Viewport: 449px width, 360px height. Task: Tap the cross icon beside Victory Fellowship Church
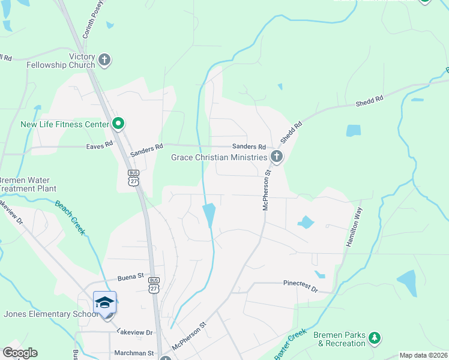pyautogui.click(x=104, y=59)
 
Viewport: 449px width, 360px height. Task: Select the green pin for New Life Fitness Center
pyautogui.click(x=118, y=124)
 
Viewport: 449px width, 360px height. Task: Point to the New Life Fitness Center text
pyautogui.click(x=65, y=125)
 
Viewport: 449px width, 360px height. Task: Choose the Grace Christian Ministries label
pyautogui.click(x=218, y=157)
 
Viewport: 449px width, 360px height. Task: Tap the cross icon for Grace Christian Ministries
pyautogui.click(x=276, y=157)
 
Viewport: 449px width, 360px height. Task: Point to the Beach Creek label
pyautogui.click(x=71, y=217)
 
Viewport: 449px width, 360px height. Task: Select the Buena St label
pyautogui.click(x=131, y=277)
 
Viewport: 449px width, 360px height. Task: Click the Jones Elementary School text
pyautogui.click(x=50, y=314)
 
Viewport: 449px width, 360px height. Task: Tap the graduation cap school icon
pyautogui.click(x=104, y=302)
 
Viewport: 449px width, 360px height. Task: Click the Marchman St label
pyautogui.click(x=134, y=354)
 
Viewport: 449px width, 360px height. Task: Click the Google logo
pyautogui.click(x=20, y=353)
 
